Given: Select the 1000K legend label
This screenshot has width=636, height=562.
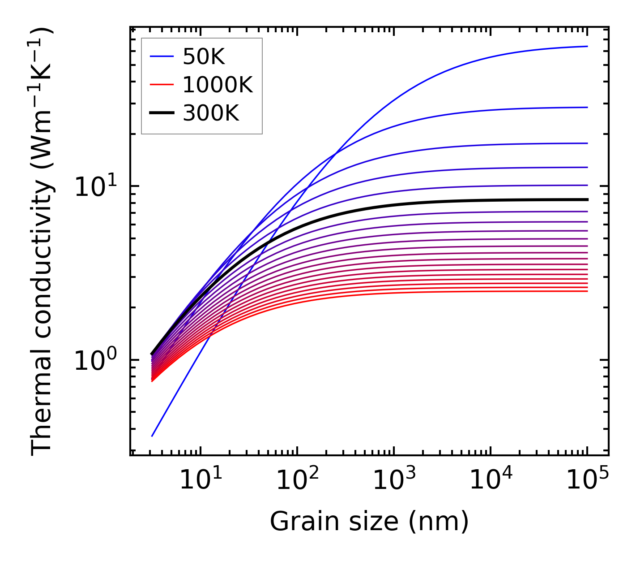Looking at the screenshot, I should point(218,85).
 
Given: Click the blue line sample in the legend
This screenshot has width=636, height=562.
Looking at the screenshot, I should point(161,56).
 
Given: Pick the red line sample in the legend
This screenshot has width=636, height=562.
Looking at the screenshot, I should point(161,85).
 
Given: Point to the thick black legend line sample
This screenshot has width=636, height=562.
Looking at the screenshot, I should point(161,113).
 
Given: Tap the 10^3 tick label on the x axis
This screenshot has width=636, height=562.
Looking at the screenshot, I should point(393,480).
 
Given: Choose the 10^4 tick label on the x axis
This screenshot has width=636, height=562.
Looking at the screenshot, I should point(490,480).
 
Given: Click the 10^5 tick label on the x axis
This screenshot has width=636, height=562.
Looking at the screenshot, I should point(587,480).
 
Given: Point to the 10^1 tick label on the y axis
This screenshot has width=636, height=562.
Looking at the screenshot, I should point(94,187).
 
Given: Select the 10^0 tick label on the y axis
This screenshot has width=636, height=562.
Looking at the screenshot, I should point(94,360).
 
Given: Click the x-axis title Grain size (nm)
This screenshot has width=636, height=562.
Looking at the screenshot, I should point(369,522).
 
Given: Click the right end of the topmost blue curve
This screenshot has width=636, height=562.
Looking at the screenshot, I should point(587,46).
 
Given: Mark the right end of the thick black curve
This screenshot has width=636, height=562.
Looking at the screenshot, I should point(587,199).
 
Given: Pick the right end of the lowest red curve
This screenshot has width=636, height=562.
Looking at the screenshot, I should point(587,291).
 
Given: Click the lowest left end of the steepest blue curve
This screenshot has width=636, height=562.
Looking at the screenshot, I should point(152,436).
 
